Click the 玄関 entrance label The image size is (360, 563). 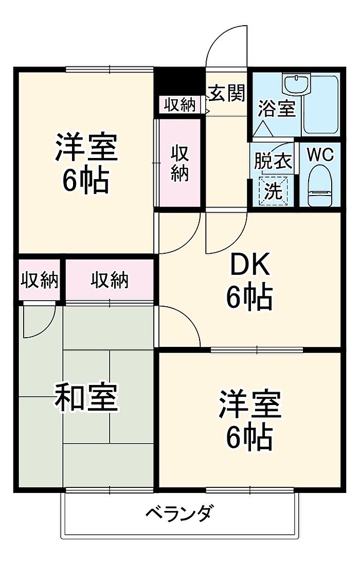click(227, 93)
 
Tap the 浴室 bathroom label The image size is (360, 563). click(277, 108)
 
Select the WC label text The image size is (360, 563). click(320, 155)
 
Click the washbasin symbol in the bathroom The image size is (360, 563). click(296, 85)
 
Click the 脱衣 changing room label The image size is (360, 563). click(273, 161)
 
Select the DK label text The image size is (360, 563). click(249, 267)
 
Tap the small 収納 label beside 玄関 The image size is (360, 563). click(180, 105)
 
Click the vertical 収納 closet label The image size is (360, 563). click(179, 163)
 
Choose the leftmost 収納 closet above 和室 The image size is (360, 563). click(39, 279)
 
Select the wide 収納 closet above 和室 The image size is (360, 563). click(110, 280)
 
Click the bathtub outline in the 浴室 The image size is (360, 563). click(321, 104)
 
